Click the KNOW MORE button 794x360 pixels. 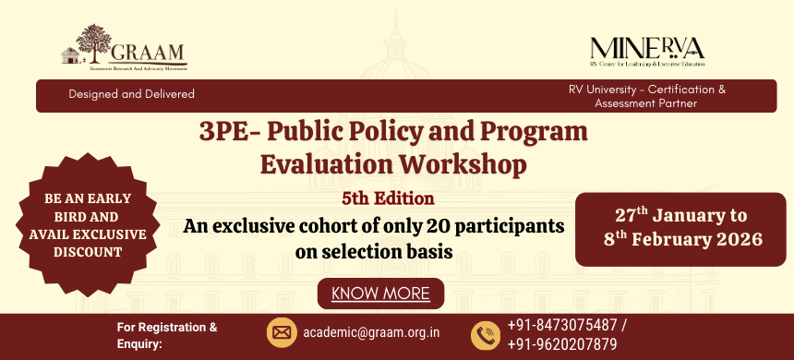(380, 294)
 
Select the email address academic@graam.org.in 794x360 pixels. (371, 332)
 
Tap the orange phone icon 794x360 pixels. (485, 334)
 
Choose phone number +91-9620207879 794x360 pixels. (562, 343)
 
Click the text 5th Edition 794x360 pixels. (388, 197)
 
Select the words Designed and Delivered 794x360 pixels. (131, 94)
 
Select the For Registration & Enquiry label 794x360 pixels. (167, 333)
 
